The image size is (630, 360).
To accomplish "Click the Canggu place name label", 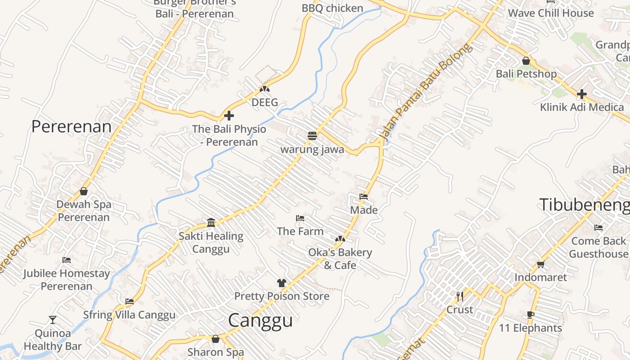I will tap(260, 320).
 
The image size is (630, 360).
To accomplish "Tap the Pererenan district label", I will tap(71, 126).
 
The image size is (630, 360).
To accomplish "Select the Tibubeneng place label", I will tap(584, 205).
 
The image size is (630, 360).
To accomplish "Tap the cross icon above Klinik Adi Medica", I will tap(582, 94).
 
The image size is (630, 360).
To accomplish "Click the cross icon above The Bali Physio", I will tap(229, 116).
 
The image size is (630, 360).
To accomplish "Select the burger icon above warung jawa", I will tap(312, 135).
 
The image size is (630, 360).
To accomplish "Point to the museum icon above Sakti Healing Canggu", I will tap(211, 222).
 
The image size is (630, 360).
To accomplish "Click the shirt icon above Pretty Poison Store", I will tap(282, 283).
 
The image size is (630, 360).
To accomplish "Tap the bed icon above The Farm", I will tap(300, 218).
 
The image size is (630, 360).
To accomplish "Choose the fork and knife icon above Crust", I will tap(459, 296).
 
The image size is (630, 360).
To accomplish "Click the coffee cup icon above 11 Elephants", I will tap(531, 315).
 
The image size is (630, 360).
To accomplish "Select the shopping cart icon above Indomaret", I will tap(540, 264).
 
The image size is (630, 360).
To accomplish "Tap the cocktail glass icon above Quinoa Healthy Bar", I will tap(53, 320).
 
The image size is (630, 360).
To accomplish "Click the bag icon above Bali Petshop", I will tap(526, 61).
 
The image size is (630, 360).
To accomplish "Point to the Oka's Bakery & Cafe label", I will tap(340, 259).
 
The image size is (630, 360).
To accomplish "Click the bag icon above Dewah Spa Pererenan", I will tap(84, 191).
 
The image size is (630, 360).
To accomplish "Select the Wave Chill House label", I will tap(551, 13).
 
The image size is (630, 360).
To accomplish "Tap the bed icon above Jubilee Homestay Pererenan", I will tap(67, 260).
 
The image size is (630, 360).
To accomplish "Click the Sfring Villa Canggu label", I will tap(129, 315).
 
